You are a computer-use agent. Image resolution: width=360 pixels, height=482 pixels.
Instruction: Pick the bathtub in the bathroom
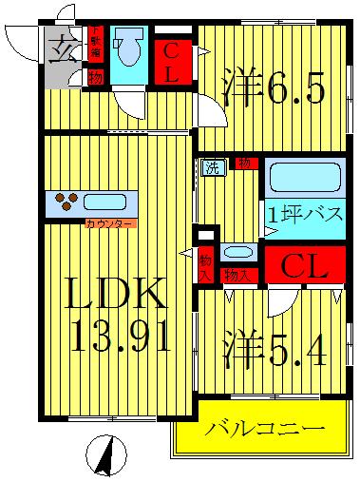click(303, 178)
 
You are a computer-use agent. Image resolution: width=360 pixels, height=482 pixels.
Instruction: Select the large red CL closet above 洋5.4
click(305, 266)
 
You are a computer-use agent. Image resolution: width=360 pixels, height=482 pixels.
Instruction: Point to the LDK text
click(116, 296)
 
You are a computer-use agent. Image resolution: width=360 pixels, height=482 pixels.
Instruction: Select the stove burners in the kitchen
click(67, 201)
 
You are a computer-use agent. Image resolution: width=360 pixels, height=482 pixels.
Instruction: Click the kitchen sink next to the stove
click(110, 202)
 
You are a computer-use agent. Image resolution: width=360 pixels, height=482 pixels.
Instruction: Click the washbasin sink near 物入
click(237, 253)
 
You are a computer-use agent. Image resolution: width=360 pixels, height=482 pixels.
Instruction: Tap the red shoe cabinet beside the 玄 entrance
click(95, 39)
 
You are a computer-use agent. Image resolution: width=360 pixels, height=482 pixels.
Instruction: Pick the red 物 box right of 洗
click(245, 164)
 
